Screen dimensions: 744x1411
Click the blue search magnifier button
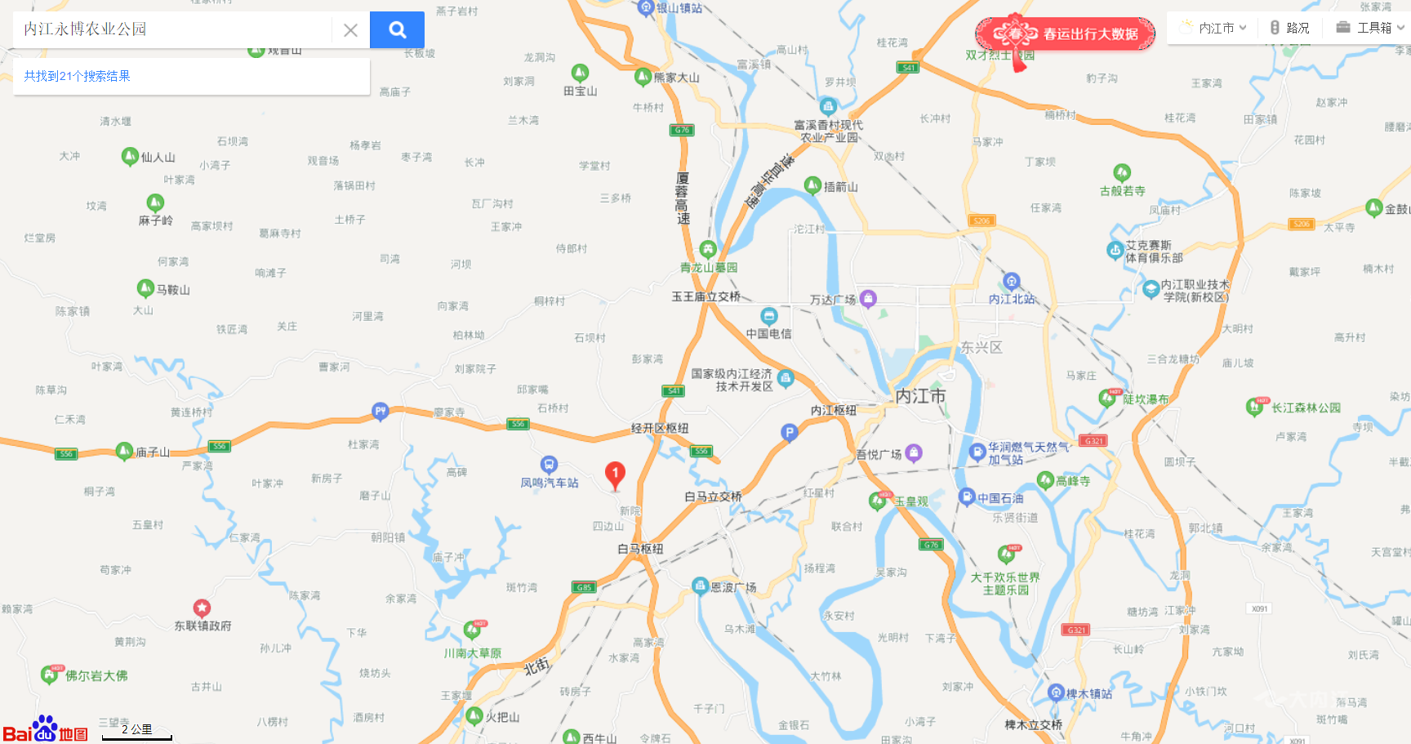click(397, 30)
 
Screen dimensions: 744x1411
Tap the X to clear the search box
click(350, 30)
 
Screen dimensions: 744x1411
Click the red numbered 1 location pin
click(615, 474)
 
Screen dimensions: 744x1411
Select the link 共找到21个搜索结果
click(77, 76)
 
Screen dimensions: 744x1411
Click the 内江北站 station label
click(1012, 299)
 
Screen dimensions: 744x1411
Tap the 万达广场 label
click(833, 300)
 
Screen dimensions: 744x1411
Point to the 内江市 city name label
click(920, 396)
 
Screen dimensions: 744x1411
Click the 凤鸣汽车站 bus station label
click(550, 483)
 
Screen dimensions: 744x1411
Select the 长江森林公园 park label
click(1306, 408)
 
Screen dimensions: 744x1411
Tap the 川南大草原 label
click(473, 653)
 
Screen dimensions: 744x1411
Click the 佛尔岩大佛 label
click(96, 675)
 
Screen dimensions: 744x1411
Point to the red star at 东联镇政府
click(202, 608)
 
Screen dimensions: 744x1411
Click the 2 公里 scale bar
click(137, 732)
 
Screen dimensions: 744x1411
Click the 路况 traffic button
click(1290, 28)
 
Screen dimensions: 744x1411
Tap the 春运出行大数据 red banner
click(1065, 34)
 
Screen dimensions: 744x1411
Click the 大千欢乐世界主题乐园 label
click(1005, 583)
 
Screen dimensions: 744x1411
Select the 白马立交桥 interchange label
click(713, 497)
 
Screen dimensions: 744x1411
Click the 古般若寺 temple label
click(1122, 190)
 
